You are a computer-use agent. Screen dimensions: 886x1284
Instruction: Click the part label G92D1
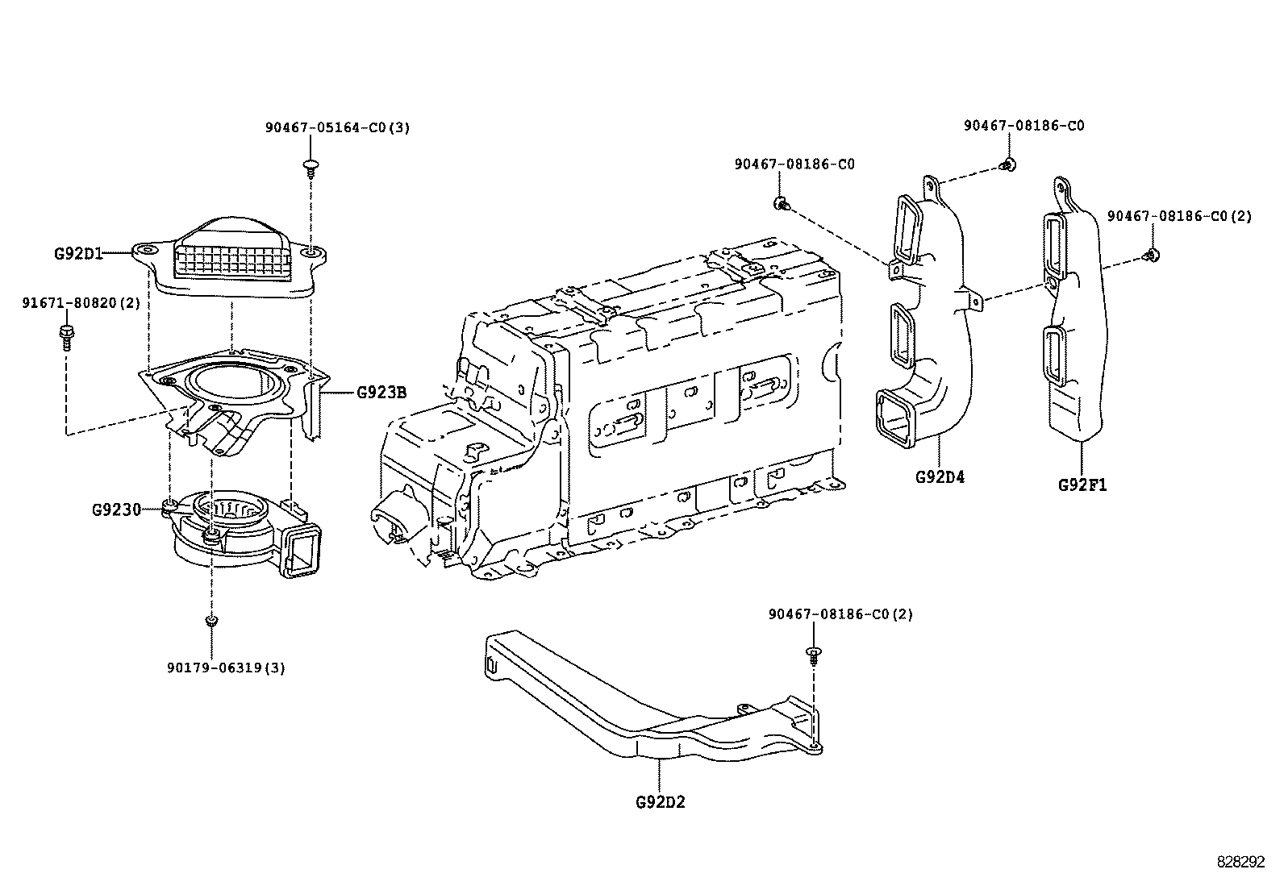[x=78, y=252]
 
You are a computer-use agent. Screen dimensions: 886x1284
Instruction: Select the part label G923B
[x=381, y=393]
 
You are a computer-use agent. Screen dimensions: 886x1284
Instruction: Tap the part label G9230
[x=116, y=510]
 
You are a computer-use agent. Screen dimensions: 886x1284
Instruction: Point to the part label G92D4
[x=940, y=476]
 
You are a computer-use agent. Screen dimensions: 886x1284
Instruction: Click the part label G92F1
[x=1082, y=485]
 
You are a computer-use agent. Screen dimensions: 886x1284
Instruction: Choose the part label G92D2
[x=660, y=802]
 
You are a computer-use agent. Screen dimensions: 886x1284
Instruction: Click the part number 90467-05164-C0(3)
[x=337, y=128]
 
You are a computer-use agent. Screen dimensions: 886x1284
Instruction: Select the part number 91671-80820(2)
[x=81, y=303]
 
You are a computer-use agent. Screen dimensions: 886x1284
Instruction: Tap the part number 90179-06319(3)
[x=227, y=668]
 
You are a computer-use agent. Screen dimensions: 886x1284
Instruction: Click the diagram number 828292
[x=1241, y=862]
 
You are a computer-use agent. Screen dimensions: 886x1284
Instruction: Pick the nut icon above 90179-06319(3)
[x=211, y=621]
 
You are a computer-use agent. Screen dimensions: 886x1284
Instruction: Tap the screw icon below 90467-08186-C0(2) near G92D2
[x=814, y=655]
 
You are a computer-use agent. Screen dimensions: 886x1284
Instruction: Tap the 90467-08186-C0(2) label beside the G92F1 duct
[x=1178, y=216]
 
